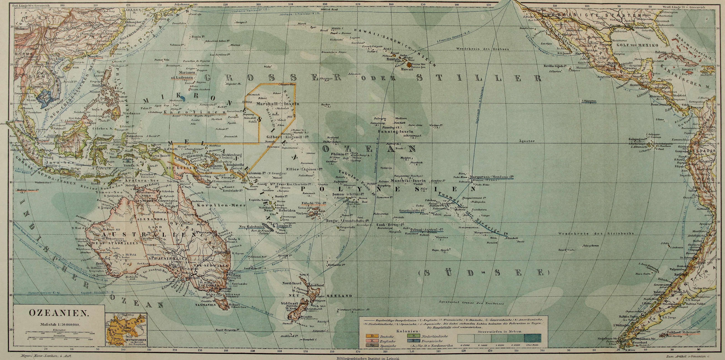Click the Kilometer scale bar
point(59,333)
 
